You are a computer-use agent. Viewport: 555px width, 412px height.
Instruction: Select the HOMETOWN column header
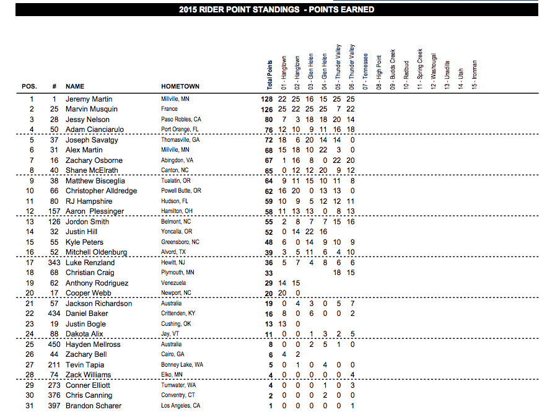click(180, 86)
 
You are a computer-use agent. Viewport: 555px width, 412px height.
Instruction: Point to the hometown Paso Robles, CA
click(181, 120)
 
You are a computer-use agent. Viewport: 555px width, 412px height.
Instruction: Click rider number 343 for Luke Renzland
click(54, 263)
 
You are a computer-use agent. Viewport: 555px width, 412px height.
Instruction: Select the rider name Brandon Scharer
click(94, 406)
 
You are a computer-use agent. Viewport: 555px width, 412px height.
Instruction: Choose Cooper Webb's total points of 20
click(269, 293)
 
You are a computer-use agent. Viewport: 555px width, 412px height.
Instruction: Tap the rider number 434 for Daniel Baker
click(54, 314)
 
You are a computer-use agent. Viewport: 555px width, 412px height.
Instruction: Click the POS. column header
click(29, 86)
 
